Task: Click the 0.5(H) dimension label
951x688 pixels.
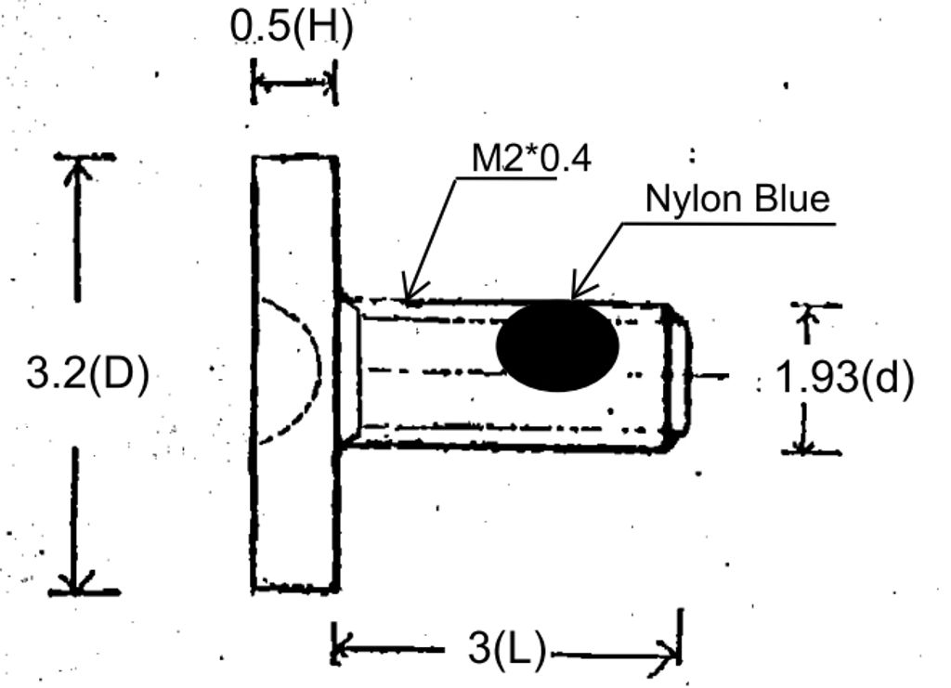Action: (x=292, y=28)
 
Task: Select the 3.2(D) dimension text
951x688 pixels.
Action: (x=87, y=375)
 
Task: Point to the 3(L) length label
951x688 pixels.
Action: (x=506, y=649)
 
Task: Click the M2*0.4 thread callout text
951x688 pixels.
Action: (x=530, y=159)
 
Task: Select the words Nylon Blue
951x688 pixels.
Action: (x=736, y=199)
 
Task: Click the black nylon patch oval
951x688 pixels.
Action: (x=557, y=344)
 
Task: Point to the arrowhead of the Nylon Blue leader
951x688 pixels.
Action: (x=577, y=292)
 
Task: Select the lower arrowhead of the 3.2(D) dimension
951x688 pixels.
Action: (x=78, y=581)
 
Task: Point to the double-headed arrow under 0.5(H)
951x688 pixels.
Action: (x=293, y=84)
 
